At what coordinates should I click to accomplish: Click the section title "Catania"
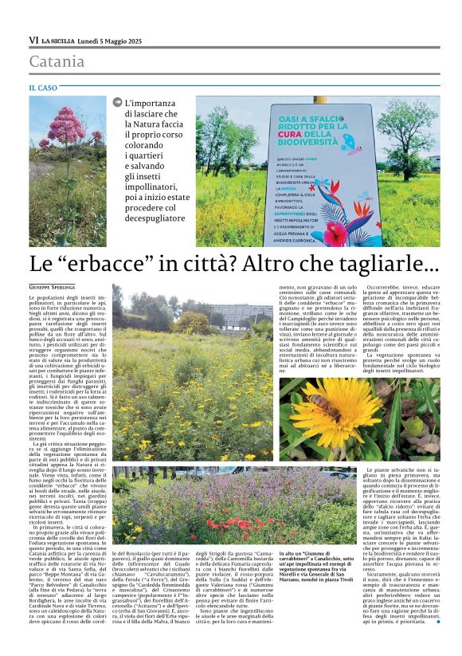(x=57, y=61)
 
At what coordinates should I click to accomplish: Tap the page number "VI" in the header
(x=33, y=40)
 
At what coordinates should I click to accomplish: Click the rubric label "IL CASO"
(x=43, y=88)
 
